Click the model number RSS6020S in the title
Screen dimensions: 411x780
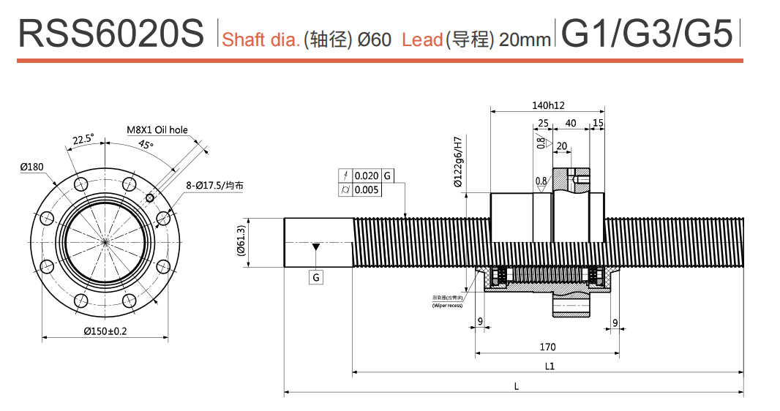pyautogui.click(x=110, y=34)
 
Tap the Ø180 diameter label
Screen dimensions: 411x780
pyautogui.click(x=32, y=167)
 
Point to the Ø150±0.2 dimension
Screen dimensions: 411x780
pyautogui.click(x=105, y=331)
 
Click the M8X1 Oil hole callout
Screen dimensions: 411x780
pyautogui.click(x=157, y=130)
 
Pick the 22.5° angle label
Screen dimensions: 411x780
pyautogui.click(x=83, y=139)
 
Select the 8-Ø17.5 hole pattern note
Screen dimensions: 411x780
pyautogui.click(x=214, y=186)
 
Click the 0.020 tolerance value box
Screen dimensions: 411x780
pyautogui.click(x=367, y=176)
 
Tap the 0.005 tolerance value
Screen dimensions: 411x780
pyautogui.click(x=367, y=190)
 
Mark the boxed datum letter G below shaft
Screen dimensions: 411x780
pyautogui.click(x=315, y=277)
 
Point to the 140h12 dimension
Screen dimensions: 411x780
pyautogui.click(x=548, y=105)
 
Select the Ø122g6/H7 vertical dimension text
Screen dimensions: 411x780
pyautogui.click(x=458, y=162)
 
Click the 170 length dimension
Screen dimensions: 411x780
pyautogui.click(x=547, y=347)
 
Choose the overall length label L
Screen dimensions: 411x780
pyautogui.click(x=517, y=386)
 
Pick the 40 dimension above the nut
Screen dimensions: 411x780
pyautogui.click(x=571, y=123)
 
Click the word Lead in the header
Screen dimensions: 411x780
pyautogui.click(x=422, y=39)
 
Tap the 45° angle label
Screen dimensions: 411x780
pyautogui.click(x=146, y=145)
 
